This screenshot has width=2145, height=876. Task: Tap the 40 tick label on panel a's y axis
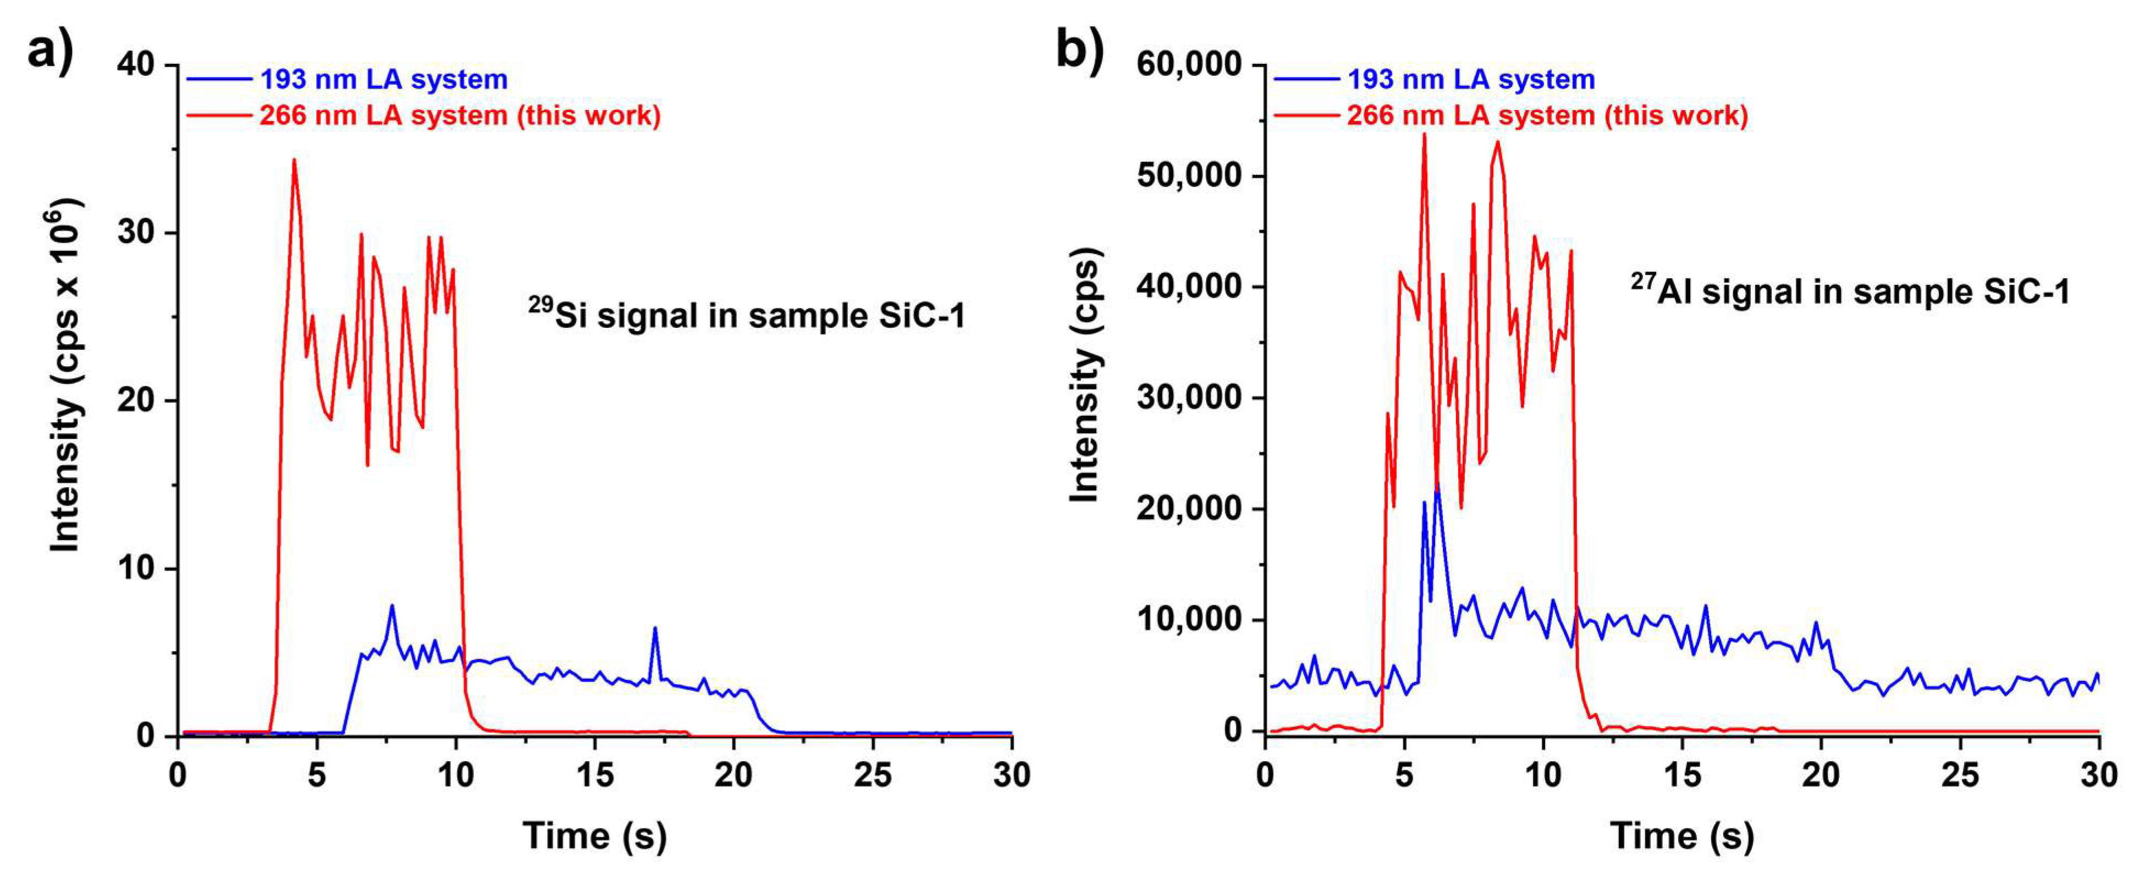[x=136, y=65]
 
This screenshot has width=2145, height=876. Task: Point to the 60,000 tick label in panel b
[x=1188, y=65]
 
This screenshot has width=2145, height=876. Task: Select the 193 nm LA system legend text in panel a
[x=384, y=80]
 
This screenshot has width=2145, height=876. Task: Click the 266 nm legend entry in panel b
[x=1547, y=115]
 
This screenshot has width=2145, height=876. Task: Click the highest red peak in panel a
[x=294, y=160]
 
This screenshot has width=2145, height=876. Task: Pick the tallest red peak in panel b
[x=1424, y=135]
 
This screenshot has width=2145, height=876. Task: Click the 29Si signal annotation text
[x=747, y=315]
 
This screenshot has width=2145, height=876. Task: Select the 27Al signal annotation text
[x=1850, y=290]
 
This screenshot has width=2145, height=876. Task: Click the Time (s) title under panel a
[x=594, y=835]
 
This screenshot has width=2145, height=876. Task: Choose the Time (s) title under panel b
[x=1682, y=835]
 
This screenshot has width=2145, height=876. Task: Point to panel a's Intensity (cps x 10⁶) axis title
[x=65, y=374]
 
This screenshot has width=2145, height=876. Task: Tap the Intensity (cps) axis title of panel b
[x=1084, y=374]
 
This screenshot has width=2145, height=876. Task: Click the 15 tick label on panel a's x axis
[x=594, y=776]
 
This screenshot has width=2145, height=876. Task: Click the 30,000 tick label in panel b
[x=1188, y=397]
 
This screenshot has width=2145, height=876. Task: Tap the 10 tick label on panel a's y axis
[x=136, y=569]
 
